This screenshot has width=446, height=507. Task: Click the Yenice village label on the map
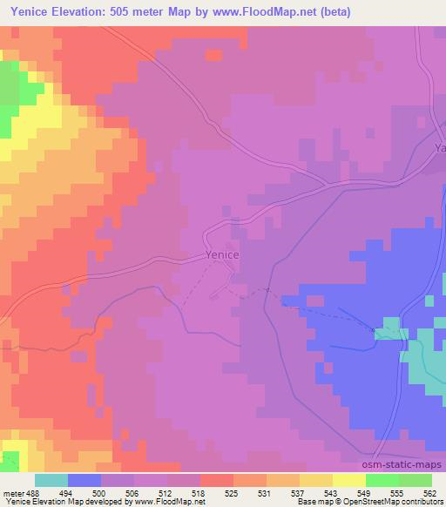click(222, 255)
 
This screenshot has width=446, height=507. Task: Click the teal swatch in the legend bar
click(51, 480)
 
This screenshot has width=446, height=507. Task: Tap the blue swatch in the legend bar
click(84, 480)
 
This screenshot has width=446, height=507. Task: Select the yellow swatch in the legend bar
click(348, 480)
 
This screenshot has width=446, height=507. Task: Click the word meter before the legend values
click(13, 492)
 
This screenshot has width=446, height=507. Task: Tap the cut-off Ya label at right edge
click(439, 148)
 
